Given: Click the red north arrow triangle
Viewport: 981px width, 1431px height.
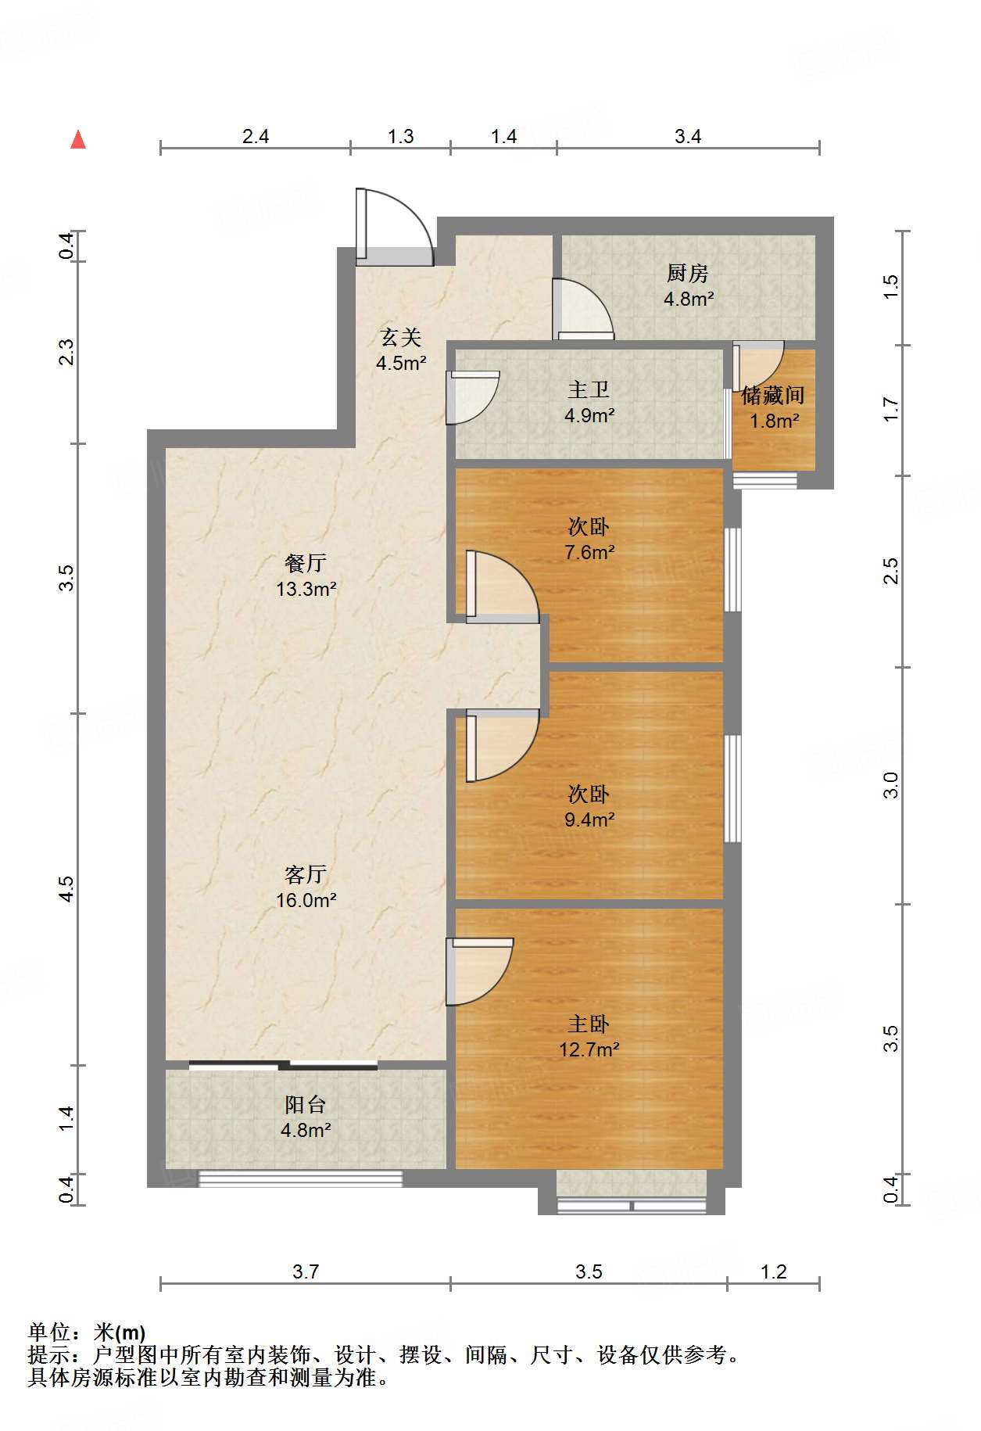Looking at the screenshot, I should click(x=78, y=140).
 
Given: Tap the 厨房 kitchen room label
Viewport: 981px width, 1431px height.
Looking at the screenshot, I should click(x=688, y=274).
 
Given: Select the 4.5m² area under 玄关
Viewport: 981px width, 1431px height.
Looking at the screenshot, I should click(x=400, y=363).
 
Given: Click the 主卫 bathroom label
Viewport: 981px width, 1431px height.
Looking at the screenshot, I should click(x=589, y=389).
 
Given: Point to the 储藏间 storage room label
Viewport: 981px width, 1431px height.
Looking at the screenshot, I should click(x=772, y=395).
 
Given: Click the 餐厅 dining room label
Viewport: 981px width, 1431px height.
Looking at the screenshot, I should click(x=306, y=563).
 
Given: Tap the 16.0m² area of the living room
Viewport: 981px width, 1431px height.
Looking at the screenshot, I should click(x=306, y=900).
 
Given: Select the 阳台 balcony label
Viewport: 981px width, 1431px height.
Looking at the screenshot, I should click(x=306, y=1105).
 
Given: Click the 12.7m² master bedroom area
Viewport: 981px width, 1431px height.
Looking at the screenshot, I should click(x=589, y=1049).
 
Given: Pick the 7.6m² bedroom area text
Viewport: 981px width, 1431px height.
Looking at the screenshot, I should click(x=589, y=552).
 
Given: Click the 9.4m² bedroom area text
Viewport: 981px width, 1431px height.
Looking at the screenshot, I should click(x=589, y=820).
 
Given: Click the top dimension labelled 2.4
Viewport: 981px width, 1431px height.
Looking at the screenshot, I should click(x=256, y=136).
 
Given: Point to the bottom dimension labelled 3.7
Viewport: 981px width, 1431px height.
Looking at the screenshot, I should click(x=306, y=1271).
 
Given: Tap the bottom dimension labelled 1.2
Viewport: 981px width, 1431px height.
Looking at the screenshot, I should click(x=773, y=1271).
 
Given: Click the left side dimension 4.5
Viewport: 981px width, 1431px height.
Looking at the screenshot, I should click(x=67, y=889).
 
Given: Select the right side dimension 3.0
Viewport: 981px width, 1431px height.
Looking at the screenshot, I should click(x=891, y=785).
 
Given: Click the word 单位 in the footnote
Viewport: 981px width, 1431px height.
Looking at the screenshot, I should click(x=49, y=1332).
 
